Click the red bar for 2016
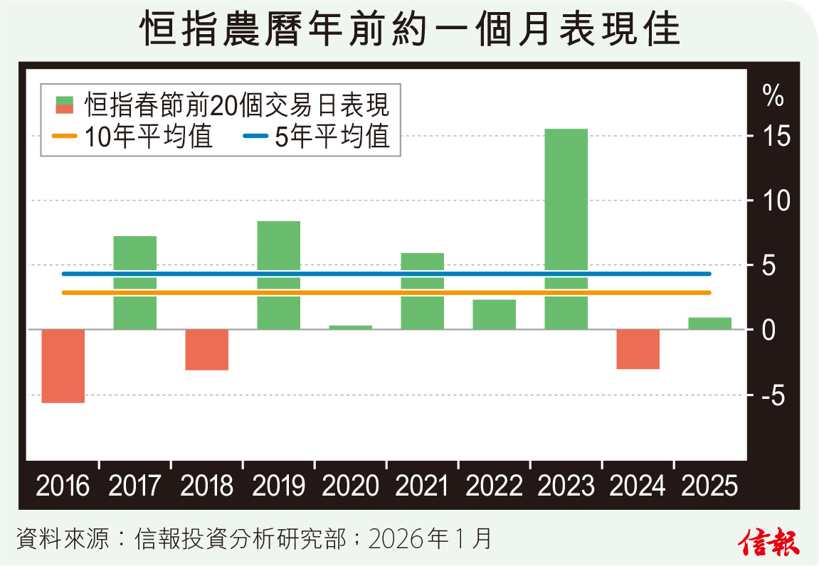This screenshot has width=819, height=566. coord(63,365)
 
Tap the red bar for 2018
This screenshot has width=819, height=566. coord(207,349)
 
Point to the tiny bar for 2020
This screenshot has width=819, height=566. coord(351,327)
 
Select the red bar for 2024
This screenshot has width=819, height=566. coord(638,349)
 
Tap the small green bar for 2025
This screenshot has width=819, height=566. coord(710,324)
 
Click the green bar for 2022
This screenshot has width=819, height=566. coord(495,314)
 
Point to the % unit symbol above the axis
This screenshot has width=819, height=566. coord(773,95)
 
